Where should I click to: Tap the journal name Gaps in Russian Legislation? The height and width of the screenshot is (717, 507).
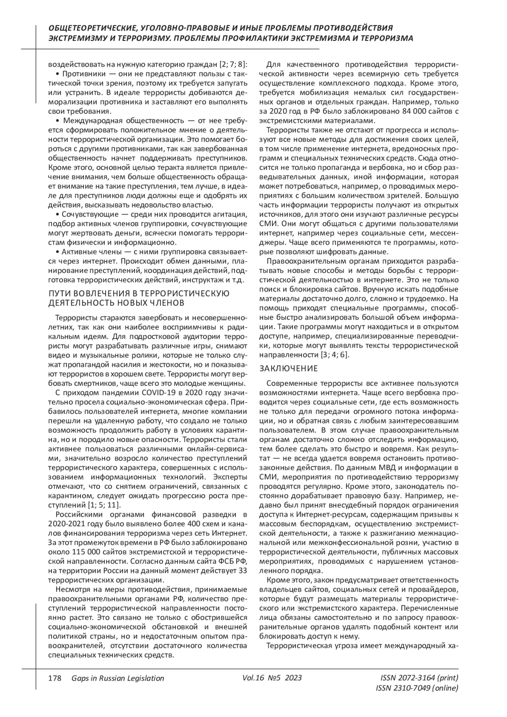(x=118, y=678)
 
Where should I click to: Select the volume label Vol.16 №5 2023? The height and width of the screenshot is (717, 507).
(x=273, y=678)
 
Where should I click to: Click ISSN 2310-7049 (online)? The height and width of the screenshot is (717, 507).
(x=417, y=688)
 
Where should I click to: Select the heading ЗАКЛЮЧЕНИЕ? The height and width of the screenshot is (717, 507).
(x=289, y=368)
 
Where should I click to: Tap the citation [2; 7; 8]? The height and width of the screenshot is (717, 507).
(x=233, y=65)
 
